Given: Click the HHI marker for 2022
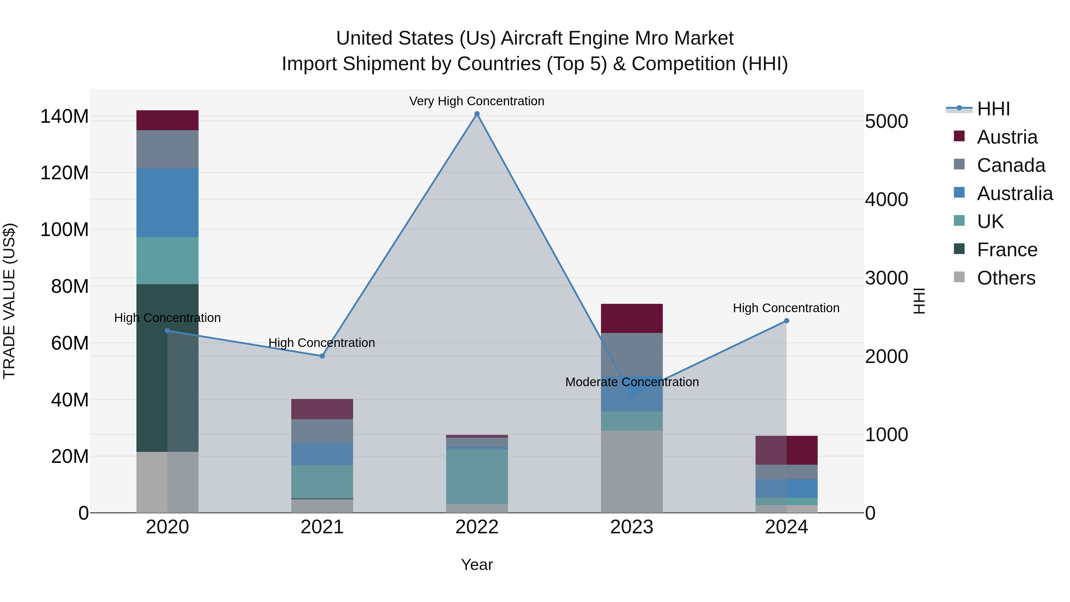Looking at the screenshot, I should (x=477, y=114).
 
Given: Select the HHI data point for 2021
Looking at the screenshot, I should (x=322, y=356).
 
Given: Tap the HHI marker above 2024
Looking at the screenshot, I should (x=786, y=321).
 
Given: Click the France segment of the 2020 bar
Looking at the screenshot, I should (x=167, y=368).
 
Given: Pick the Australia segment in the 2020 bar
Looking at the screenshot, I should (x=167, y=203).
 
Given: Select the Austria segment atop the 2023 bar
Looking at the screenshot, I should (x=632, y=318).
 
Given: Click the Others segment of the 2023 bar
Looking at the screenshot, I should (x=632, y=471).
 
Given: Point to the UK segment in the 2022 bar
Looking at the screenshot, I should (x=477, y=477).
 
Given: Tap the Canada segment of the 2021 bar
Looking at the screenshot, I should (x=322, y=431).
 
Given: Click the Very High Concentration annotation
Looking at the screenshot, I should (x=476, y=101).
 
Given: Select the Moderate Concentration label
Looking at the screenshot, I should (x=632, y=382).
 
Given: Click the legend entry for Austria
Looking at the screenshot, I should (x=1007, y=137).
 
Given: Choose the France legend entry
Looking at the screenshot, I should (x=1007, y=250).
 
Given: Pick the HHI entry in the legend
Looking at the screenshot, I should (x=993, y=109).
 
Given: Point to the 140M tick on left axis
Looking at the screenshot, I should (x=64, y=116).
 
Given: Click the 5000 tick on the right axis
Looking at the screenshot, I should (x=886, y=121).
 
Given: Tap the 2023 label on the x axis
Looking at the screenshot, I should (x=632, y=527).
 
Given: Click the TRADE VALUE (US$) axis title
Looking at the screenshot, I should (x=9, y=301).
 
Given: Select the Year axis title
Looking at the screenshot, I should (x=477, y=565).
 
